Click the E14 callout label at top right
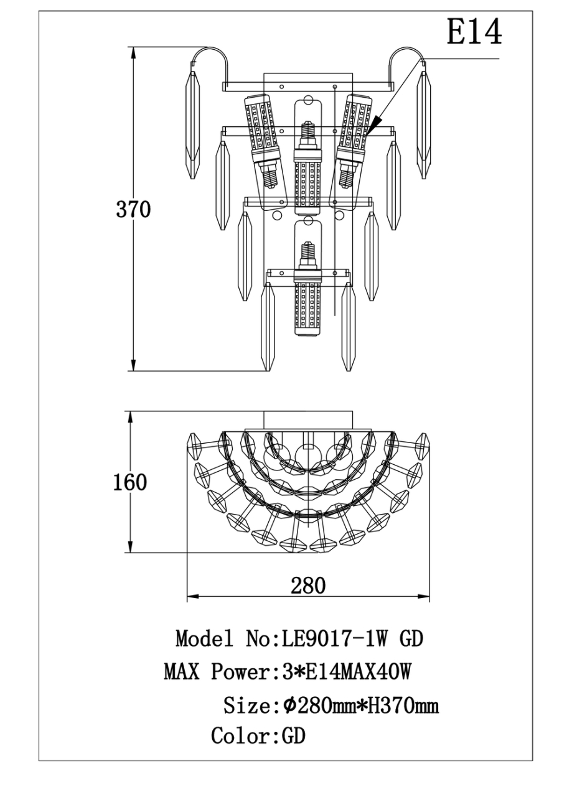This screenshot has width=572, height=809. pos(474,32)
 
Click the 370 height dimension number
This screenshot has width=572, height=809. pos(133,209)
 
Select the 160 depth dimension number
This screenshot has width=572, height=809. pos(130,482)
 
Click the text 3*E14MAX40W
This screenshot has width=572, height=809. pos(346,672)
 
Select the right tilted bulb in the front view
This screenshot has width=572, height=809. pos(354,140)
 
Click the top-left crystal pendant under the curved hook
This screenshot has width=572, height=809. pos(192,125)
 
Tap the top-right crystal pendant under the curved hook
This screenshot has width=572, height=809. pos(424,125)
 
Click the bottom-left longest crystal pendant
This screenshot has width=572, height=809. pos(268,327)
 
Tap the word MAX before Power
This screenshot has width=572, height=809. pos(182,672)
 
